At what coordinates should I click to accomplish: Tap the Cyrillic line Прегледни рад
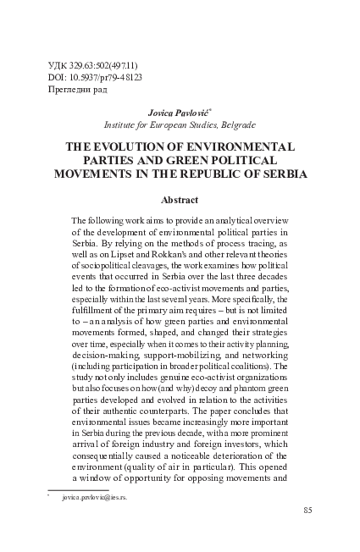click(x=80, y=89)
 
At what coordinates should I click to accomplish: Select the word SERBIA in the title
click(x=281, y=174)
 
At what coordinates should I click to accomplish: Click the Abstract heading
click(x=179, y=201)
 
